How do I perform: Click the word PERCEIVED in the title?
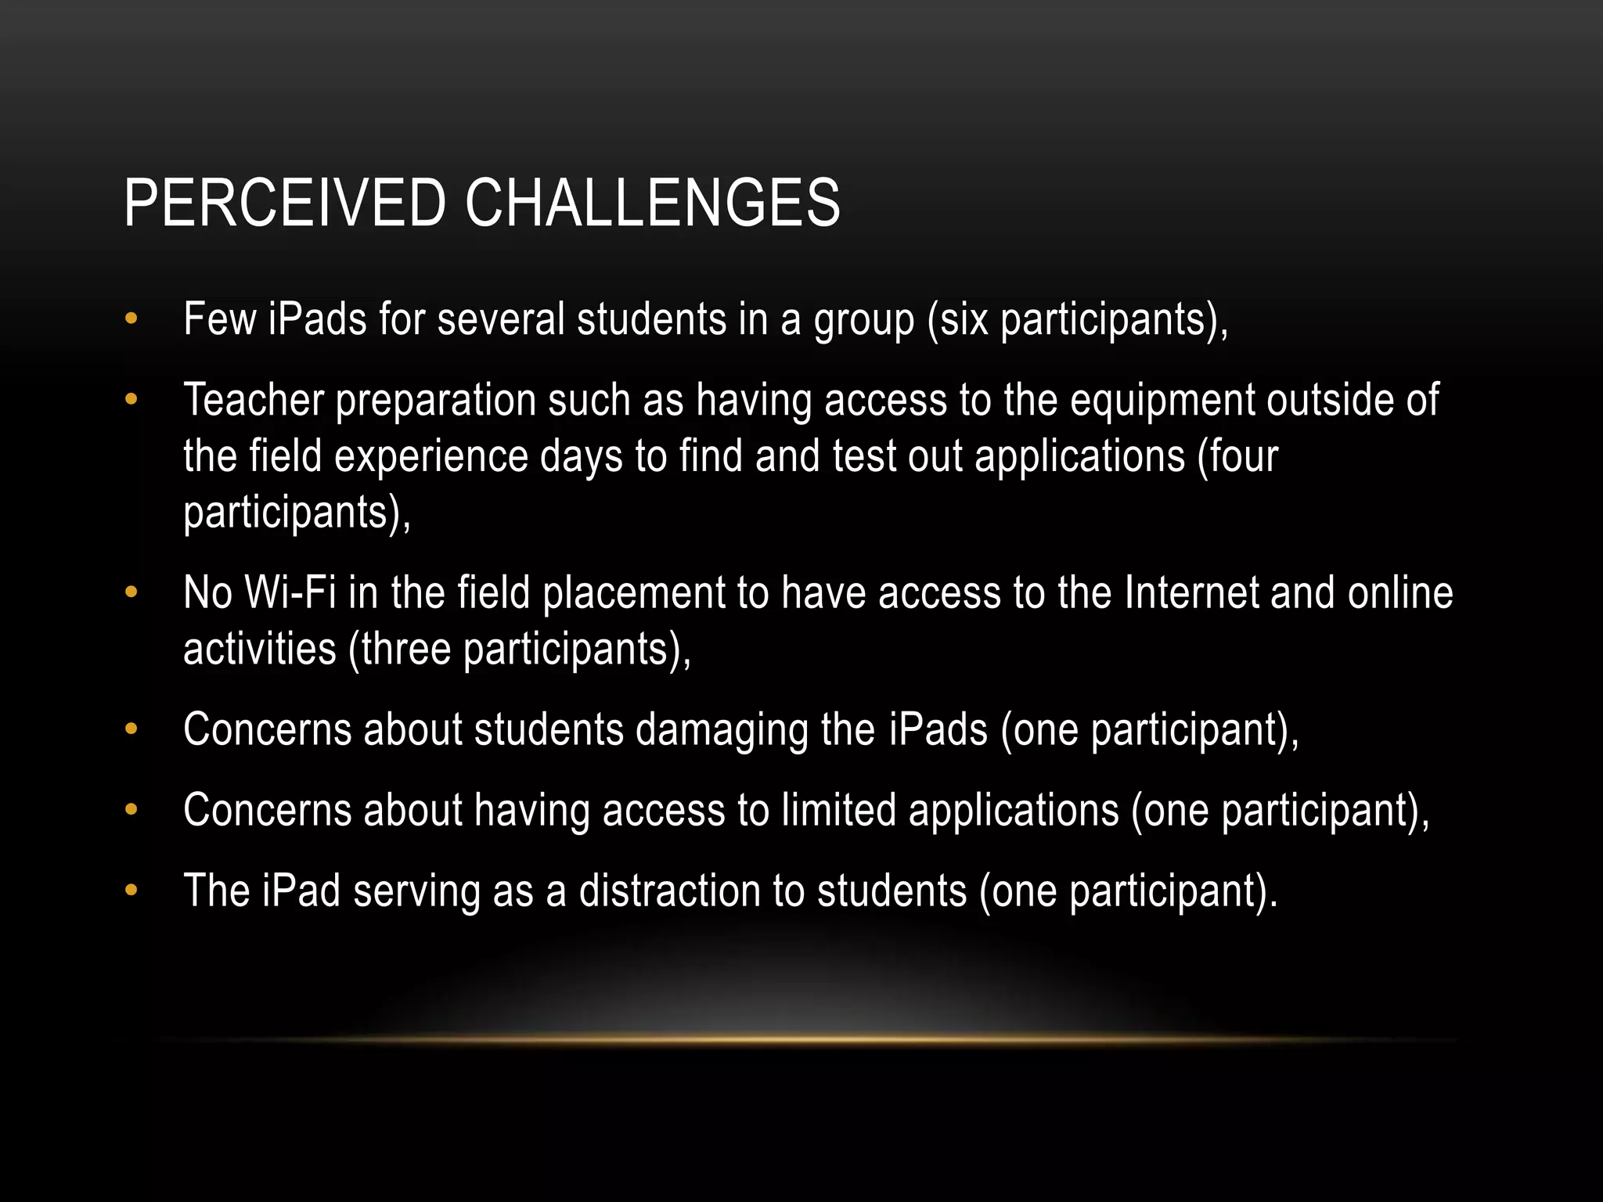coord(284,203)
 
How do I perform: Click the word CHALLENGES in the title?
coord(652,203)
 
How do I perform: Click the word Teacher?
coord(253,400)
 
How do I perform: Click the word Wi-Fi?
coord(290,592)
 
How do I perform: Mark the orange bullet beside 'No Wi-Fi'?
coord(131,592)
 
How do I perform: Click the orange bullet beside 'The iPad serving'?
coord(131,891)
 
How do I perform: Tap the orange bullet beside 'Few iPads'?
coord(131,319)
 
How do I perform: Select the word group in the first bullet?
coord(864,321)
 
